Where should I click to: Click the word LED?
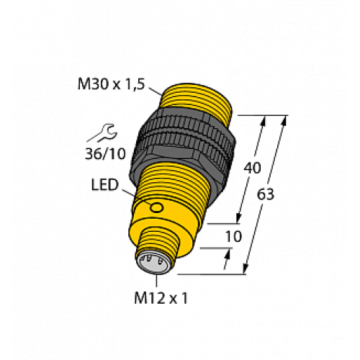104,185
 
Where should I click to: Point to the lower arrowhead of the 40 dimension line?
239,220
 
